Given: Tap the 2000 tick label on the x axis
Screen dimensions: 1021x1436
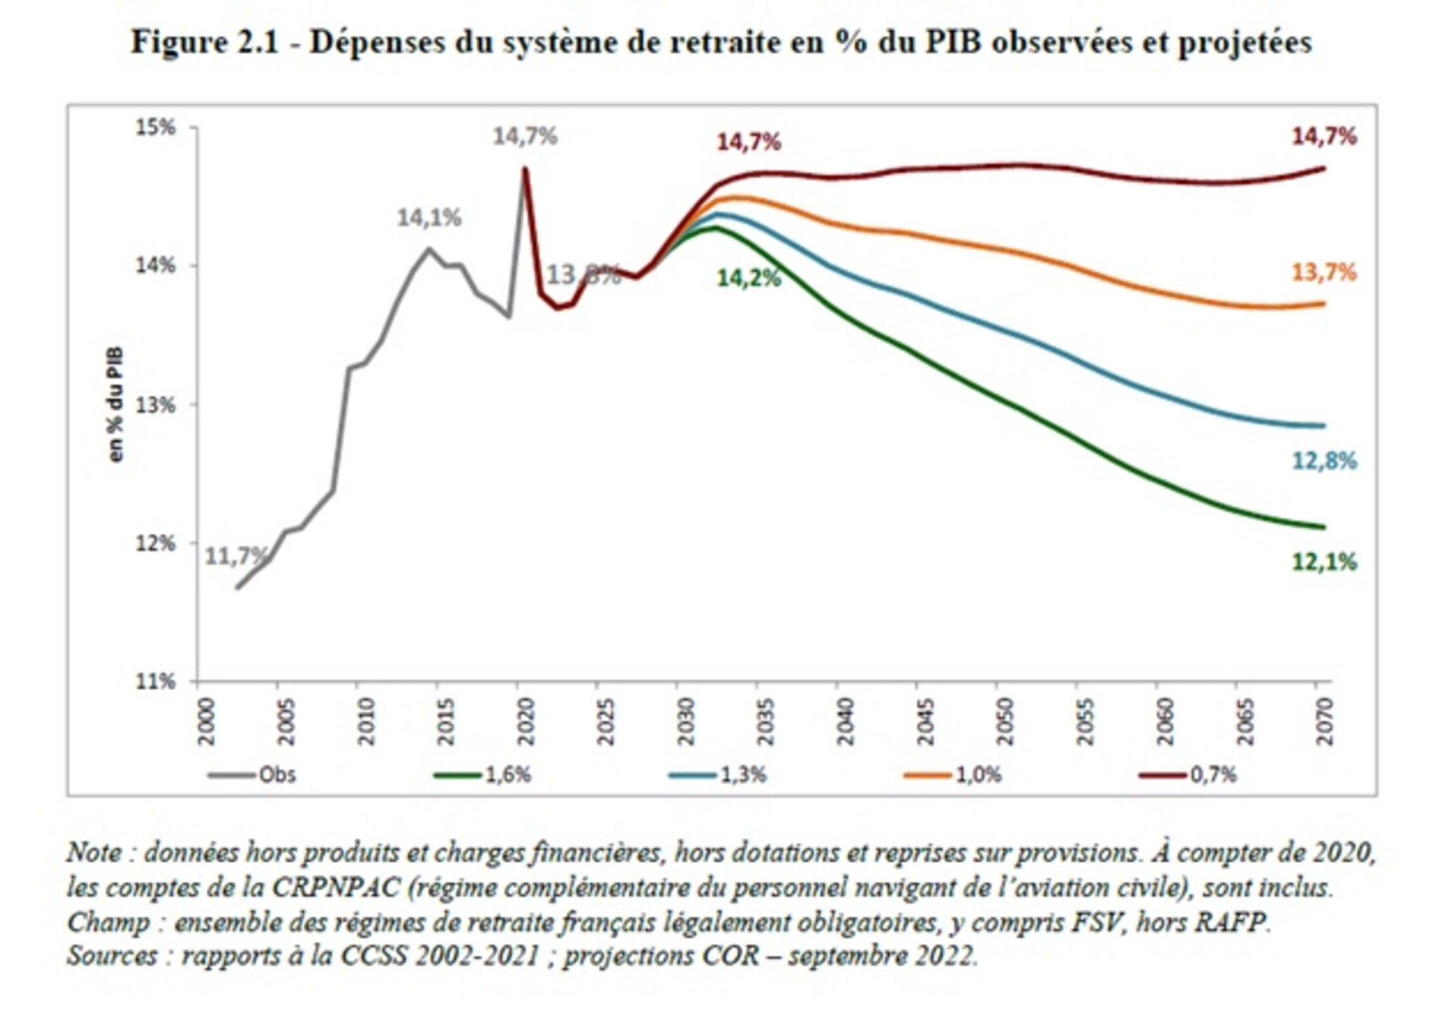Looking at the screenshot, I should click(206, 721).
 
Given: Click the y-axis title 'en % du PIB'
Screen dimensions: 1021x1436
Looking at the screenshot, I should click(115, 405).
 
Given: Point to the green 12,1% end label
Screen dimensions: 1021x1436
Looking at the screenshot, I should click(1324, 562).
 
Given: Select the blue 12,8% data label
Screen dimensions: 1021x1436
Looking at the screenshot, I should click(1324, 462).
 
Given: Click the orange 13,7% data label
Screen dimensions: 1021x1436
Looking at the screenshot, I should click(1324, 272).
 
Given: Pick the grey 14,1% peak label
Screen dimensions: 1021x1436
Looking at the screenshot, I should click(429, 218).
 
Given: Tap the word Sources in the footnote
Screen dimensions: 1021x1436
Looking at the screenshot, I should click(112, 956).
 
